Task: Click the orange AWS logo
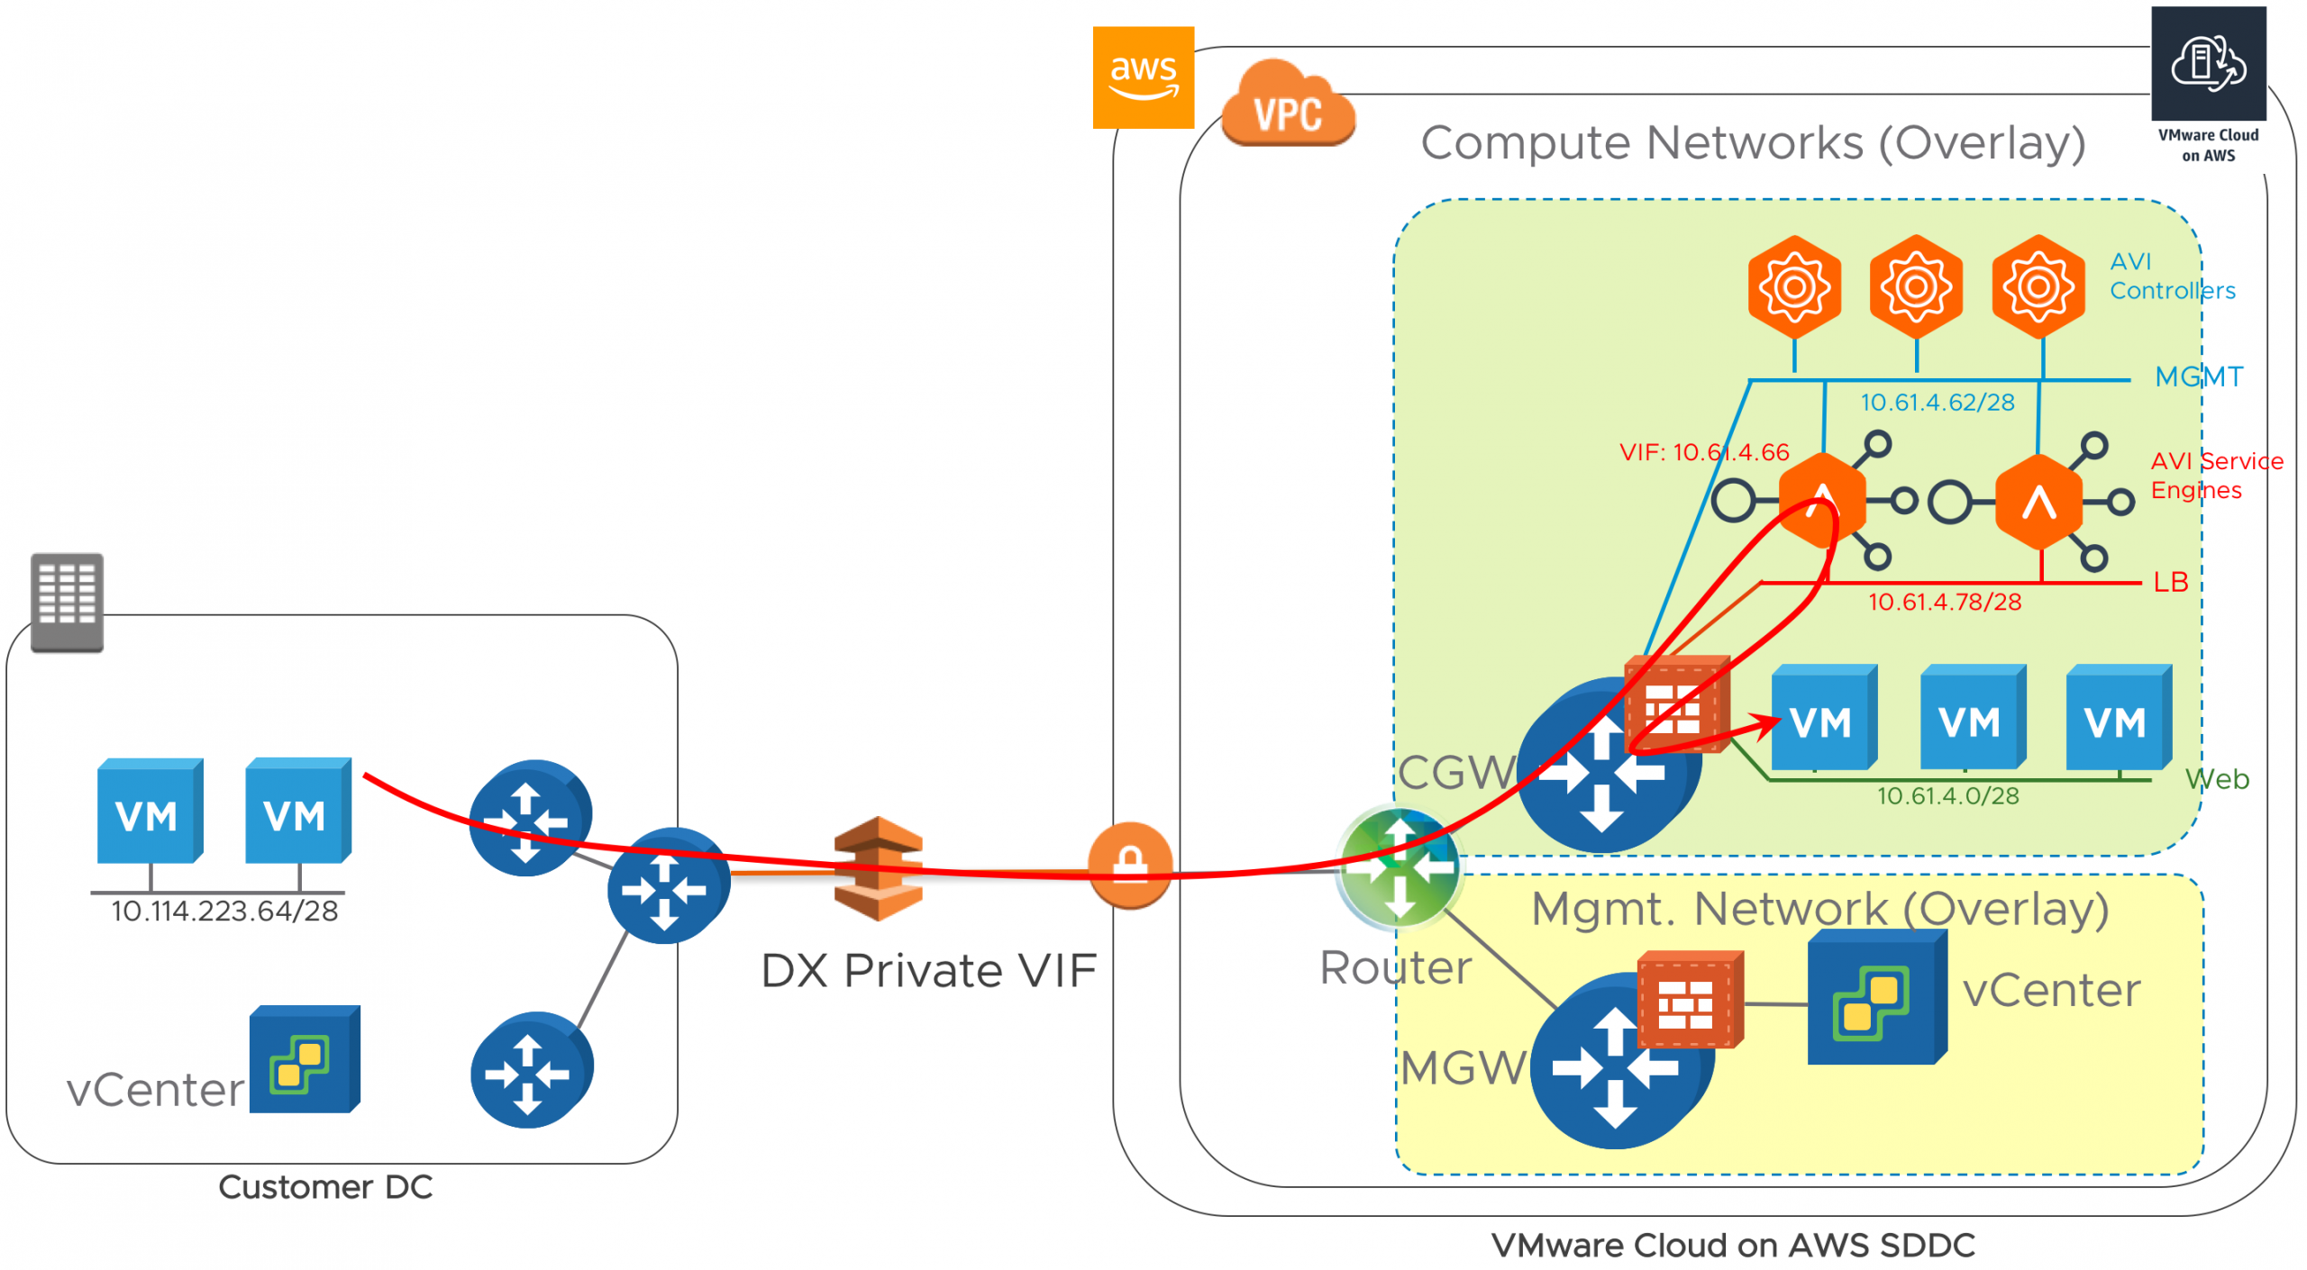tap(1142, 77)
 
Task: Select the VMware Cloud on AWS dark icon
tap(2207, 65)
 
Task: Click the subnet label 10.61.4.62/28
tap(1937, 403)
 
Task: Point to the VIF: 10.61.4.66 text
tap(1702, 452)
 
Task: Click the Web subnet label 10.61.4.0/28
tap(1947, 796)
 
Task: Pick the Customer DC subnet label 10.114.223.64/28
tap(224, 912)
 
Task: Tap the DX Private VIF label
tap(928, 971)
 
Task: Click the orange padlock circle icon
tap(1129, 865)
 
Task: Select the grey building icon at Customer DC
tap(67, 602)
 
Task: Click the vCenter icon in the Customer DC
tap(304, 1060)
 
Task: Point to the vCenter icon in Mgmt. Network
tap(1875, 998)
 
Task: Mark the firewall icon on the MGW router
tap(1687, 1000)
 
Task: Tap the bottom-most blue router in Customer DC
tap(531, 1070)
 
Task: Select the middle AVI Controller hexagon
tap(1915, 287)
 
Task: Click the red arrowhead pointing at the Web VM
tap(1767, 721)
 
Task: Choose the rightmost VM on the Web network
tap(2117, 718)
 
